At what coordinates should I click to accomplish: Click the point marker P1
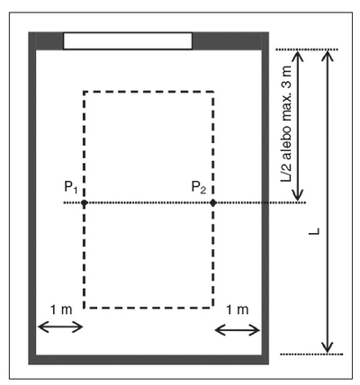tap(85, 203)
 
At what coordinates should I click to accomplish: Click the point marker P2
tap(213, 203)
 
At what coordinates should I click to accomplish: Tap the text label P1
tap(71, 187)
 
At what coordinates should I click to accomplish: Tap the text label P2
tap(199, 187)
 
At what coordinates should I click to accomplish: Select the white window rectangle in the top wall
tap(128, 40)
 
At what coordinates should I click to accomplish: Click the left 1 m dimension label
tap(61, 309)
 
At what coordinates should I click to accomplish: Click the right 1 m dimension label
tap(237, 309)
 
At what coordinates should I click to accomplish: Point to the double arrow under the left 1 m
tap(60, 327)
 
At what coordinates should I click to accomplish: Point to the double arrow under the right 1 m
tap(238, 331)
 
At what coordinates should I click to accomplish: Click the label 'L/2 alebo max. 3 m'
tap(286, 123)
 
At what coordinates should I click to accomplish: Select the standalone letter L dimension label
tap(314, 231)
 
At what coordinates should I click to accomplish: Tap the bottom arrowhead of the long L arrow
tap(328, 347)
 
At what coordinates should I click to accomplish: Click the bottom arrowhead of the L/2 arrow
tap(298, 195)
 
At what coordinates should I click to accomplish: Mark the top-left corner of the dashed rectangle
tap(85, 92)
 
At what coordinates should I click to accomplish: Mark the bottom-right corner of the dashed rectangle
tap(213, 308)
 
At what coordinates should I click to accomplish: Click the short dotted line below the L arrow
tap(311, 354)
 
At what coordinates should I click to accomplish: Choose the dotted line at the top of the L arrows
tap(307, 49)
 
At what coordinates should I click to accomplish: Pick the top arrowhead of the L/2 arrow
tap(298, 56)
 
